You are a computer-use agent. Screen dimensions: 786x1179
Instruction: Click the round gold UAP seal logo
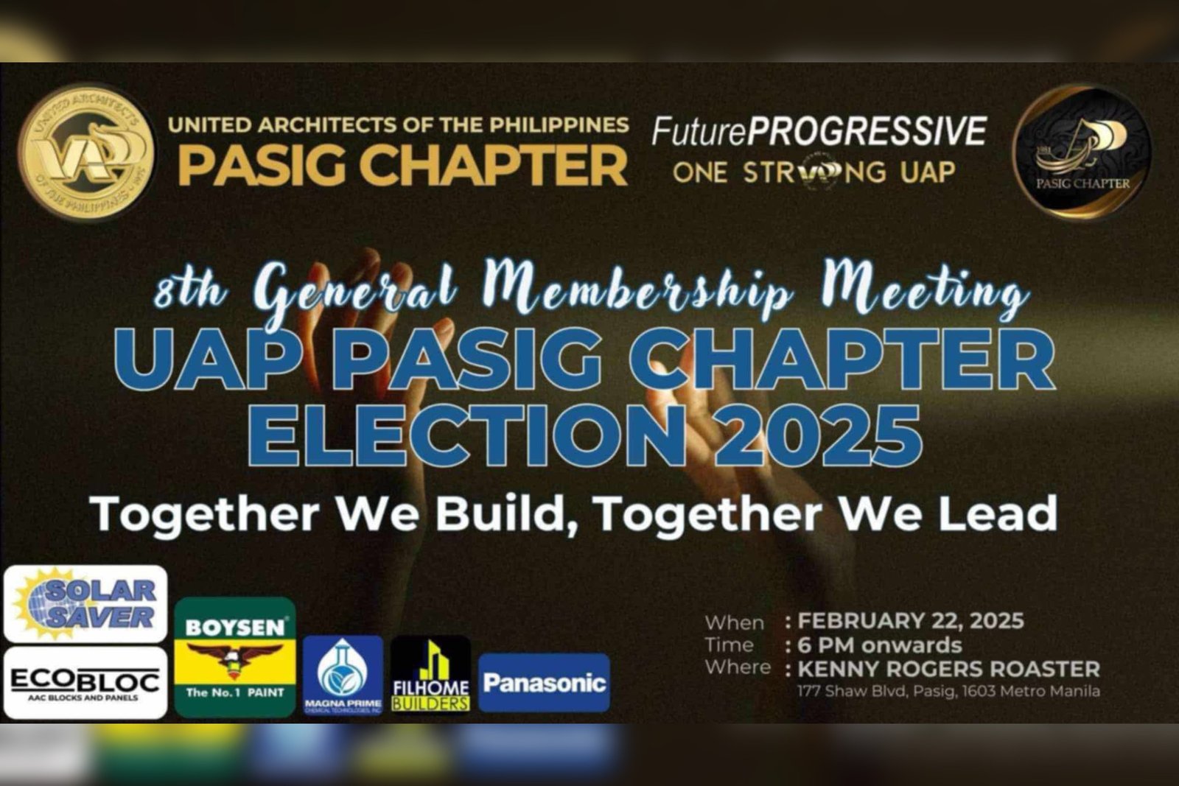click(x=86, y=152)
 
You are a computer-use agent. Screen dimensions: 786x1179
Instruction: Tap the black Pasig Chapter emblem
click(x=1082, y=152)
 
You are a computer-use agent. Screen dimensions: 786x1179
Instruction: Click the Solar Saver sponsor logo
click(x=85, y=604)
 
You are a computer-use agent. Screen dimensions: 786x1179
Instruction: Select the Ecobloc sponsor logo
click(x=85, y=683)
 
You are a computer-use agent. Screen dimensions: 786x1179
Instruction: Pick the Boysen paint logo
click(x=235, y=657)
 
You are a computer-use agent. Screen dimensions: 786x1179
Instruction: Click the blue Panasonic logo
click(x=544, y=683)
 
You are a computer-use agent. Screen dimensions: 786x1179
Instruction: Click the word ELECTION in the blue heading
click(x=468, y=435)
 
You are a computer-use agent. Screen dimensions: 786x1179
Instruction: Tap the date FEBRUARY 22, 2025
click(x=910, y=621)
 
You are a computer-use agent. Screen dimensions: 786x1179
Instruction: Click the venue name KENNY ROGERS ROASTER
click(x=948, y=669)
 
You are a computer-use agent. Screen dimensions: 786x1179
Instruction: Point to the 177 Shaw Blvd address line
click(x=948, y=691)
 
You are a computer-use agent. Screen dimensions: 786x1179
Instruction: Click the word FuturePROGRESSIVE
click(x=818, y=132)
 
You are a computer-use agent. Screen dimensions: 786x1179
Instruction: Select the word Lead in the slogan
click(x=998, y=513)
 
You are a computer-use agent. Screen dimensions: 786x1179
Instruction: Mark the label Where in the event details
click(x=737, y=667)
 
